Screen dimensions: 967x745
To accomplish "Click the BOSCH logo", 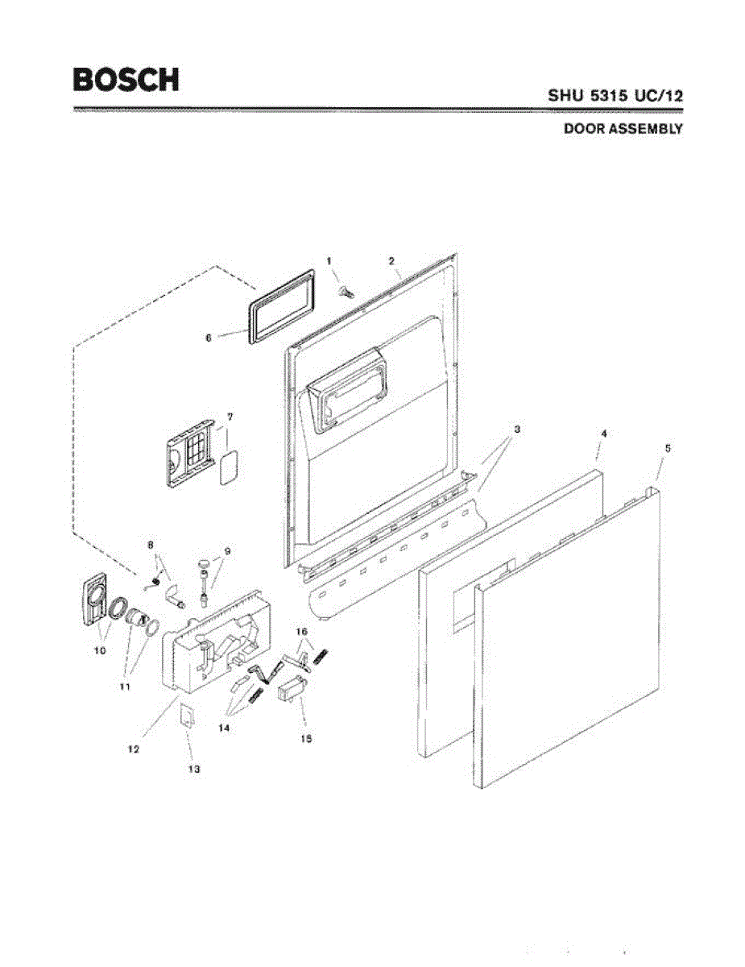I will (x=126, y=79).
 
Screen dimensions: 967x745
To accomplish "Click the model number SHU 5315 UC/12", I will (x=616, y=95).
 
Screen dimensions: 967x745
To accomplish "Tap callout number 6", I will (x=208, y=338).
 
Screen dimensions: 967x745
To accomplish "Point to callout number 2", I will (x=391, y=261).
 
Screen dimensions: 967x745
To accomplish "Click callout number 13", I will (x=193, y=769).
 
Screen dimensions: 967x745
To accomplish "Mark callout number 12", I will (x=134, y=749).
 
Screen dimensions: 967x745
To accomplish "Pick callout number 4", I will (x=604, y=434).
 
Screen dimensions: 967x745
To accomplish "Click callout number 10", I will (x=100, y=651).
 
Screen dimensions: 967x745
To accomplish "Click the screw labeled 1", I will (x=346, y=290).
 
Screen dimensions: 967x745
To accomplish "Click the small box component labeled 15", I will (x=292, y=691).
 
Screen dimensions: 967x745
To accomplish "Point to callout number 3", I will (x=516, y=430).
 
